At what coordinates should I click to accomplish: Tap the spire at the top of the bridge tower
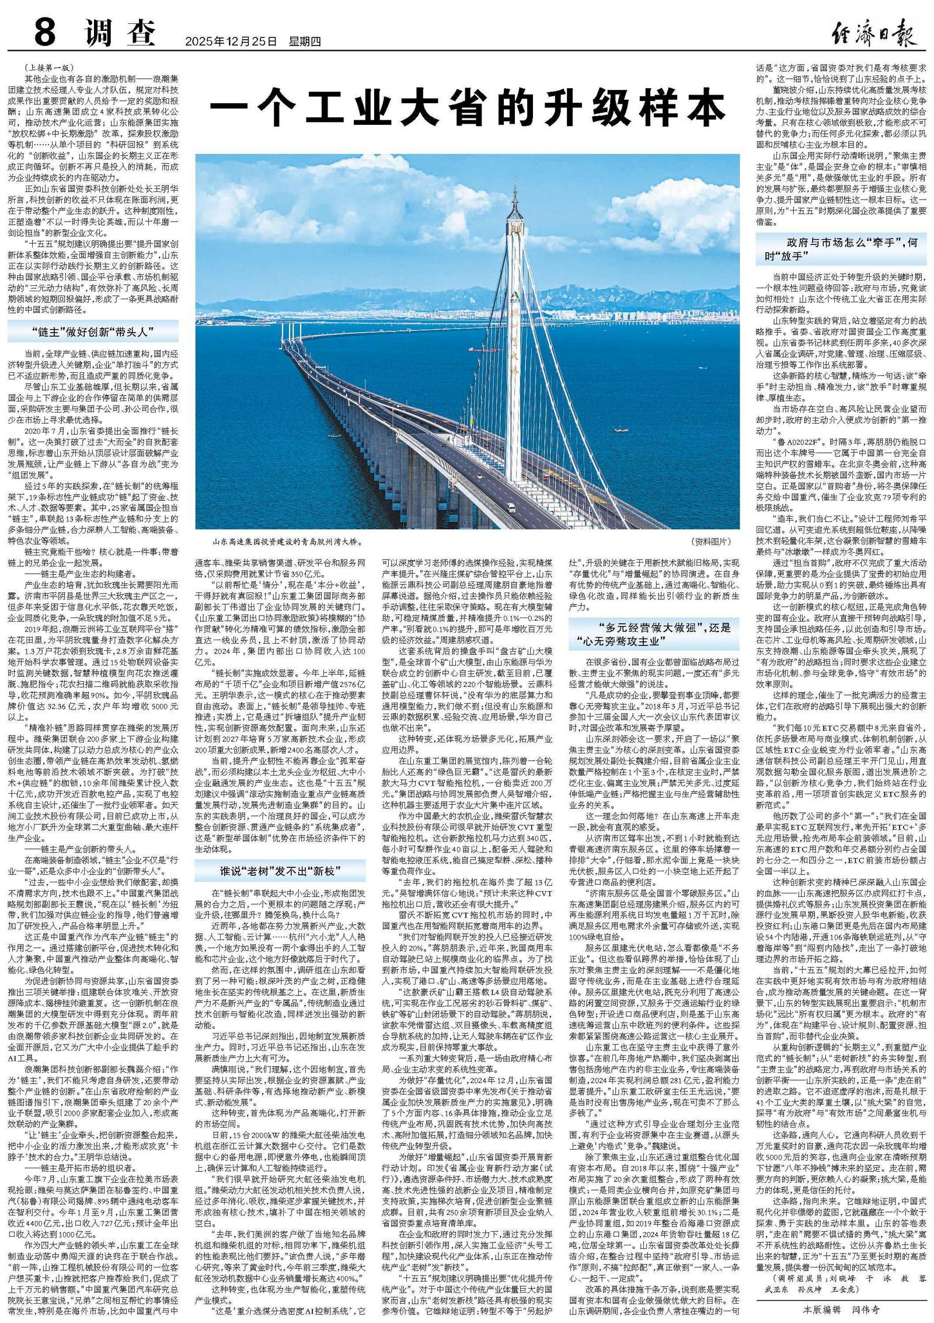(516, 190)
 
